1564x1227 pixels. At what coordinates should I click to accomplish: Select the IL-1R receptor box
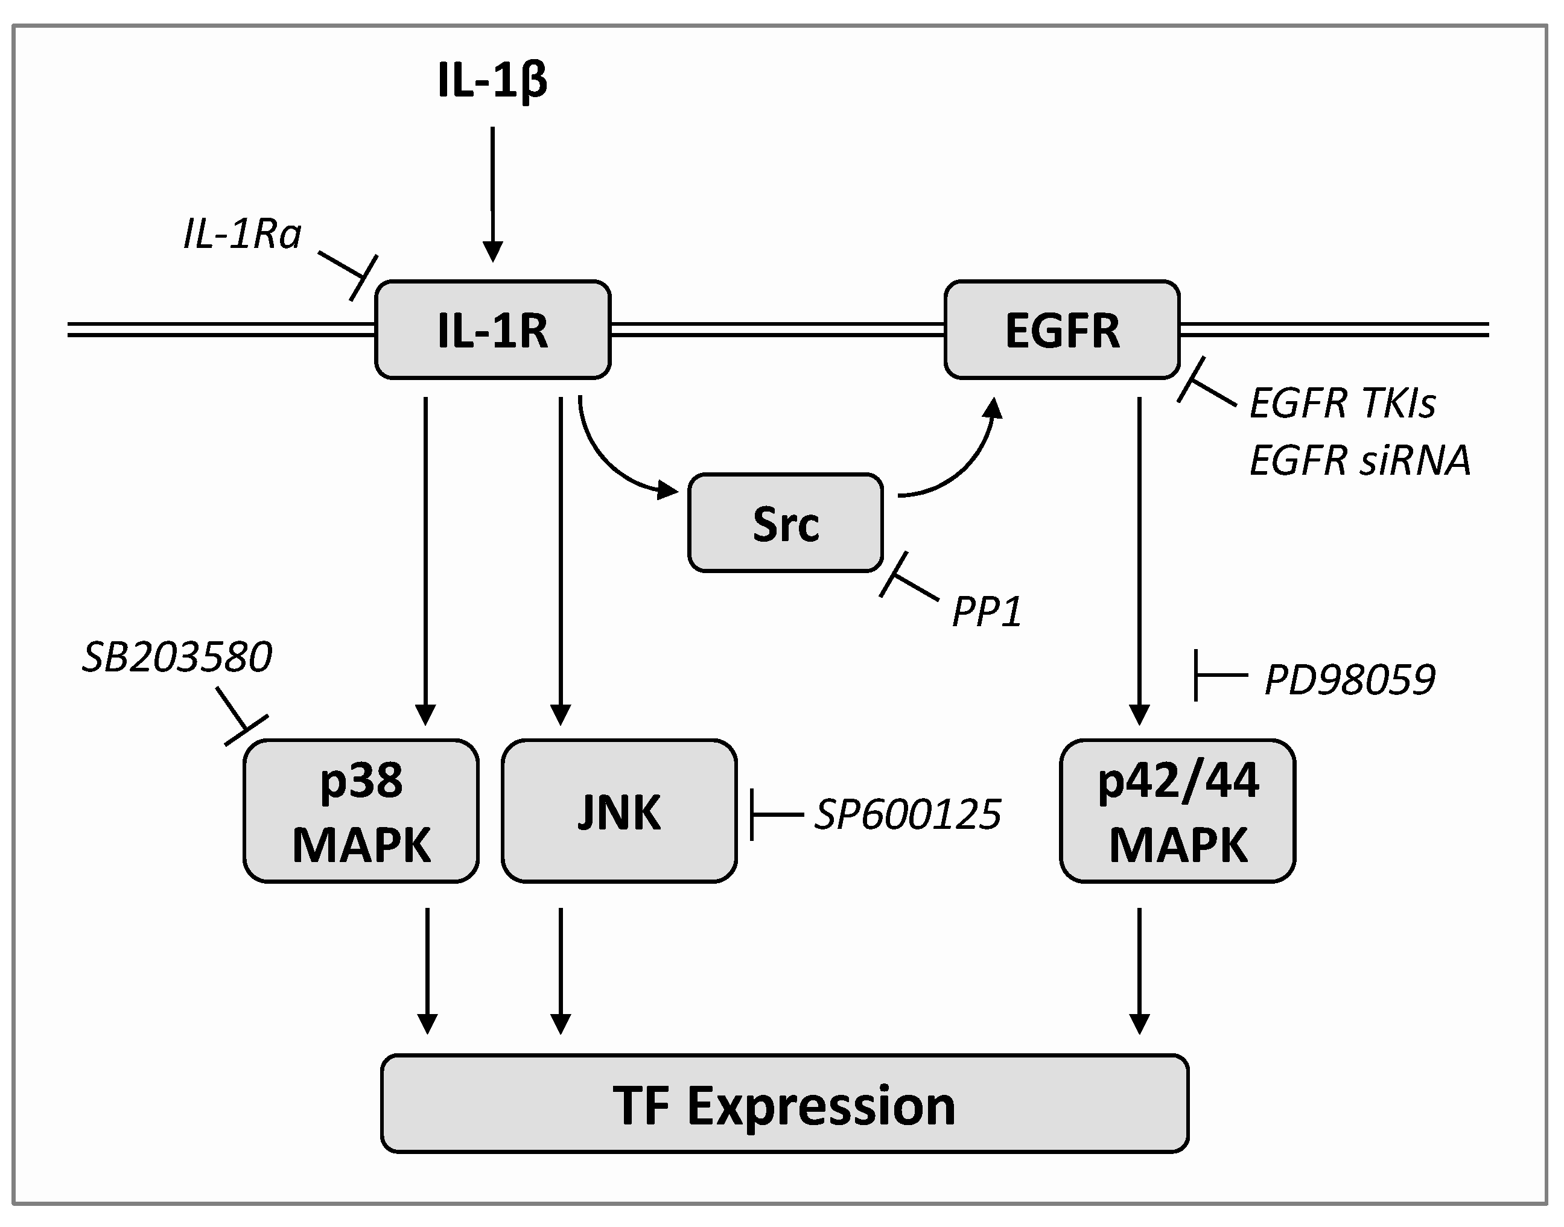point(492,330)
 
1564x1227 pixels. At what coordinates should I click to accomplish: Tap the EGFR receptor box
point(1062,330)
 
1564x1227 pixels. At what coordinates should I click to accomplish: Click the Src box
point(785,523)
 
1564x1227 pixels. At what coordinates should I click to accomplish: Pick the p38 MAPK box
point(361,811)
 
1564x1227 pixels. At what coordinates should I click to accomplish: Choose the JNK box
point(618,811)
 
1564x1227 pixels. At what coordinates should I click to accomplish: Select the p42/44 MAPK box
point(1177,811)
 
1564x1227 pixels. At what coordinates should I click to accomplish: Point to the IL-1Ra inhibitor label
point(242,235)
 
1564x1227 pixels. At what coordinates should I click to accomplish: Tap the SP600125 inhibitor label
point(908,814)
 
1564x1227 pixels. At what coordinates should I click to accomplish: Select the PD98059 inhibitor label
point(1349,680)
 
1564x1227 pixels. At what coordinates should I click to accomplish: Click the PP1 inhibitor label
point(987,612)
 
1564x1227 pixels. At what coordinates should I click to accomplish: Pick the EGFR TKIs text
point(1342,403)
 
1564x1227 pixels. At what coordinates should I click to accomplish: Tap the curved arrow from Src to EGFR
point(962,467)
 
